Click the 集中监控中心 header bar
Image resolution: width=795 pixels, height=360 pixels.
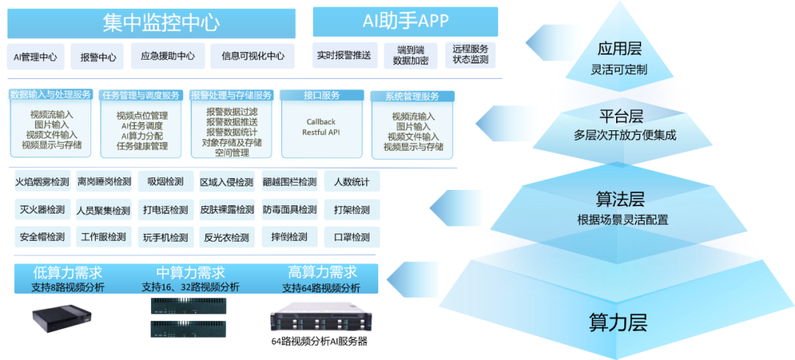[151, 24]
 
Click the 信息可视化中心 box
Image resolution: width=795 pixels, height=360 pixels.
[252, 57]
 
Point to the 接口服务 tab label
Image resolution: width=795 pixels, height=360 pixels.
[322, 96]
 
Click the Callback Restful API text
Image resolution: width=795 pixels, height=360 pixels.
[322, 127]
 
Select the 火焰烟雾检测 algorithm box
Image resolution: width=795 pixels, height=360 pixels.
[42, 182]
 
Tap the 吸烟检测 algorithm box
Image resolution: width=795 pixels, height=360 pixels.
[165, 182]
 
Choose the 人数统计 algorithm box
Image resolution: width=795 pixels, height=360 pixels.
[351, 182]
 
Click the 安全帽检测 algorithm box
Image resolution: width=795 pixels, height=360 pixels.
[42, 237]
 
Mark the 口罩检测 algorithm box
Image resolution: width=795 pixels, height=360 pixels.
[351, 237]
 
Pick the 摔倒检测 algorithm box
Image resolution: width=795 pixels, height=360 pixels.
[289, 237]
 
